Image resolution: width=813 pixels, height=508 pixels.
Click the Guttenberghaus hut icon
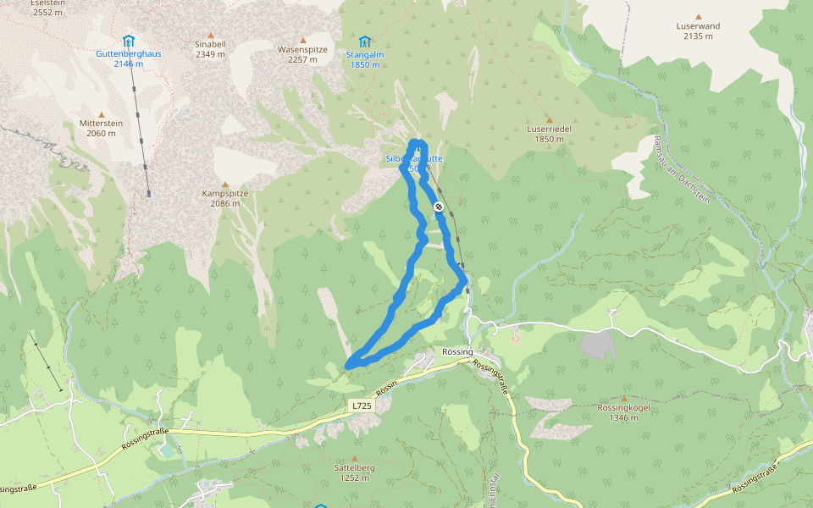pos(128,41)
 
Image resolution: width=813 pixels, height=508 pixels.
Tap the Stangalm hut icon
pos(365,41)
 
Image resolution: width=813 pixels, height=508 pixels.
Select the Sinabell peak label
pos(210,43)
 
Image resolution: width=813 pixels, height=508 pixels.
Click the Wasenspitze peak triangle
pos(302,38)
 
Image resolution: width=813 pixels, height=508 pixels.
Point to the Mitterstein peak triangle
pos(102,114)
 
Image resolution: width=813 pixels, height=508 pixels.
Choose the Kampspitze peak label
pos(225,193)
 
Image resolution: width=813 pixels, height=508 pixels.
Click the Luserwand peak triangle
pos(699,16)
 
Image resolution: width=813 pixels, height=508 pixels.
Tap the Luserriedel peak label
pos(549,129)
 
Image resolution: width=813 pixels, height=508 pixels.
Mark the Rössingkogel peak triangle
pos(624,398)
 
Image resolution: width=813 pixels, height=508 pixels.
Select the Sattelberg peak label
pos(354,467)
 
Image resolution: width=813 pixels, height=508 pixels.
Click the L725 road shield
pos(362,406)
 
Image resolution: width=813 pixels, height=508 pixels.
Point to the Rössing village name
pos(457,351)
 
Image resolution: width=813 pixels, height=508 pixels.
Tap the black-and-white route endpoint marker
pos(439,207)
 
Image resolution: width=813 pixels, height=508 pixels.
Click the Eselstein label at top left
pos(47,3)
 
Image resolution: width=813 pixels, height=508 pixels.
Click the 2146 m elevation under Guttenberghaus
pos(129,63)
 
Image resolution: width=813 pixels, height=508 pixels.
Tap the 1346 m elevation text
pos(623,418)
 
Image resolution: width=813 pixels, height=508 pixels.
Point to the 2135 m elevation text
pos(698,36)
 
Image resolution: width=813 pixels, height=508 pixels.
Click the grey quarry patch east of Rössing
pos(598,345)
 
